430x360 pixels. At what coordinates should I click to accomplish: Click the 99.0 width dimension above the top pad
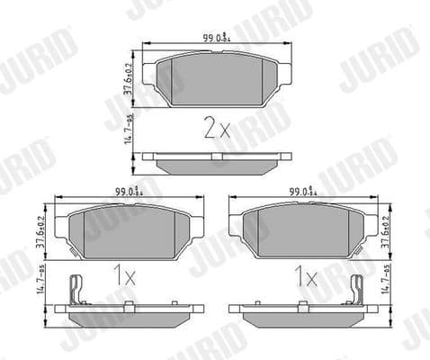click(x=215, y=38)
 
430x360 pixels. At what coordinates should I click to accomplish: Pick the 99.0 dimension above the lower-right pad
click(x=301, y=192)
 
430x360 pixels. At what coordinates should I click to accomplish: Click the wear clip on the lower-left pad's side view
click(x=78, y=290)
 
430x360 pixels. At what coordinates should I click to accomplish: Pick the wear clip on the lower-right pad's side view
click(x=355, y=290)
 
